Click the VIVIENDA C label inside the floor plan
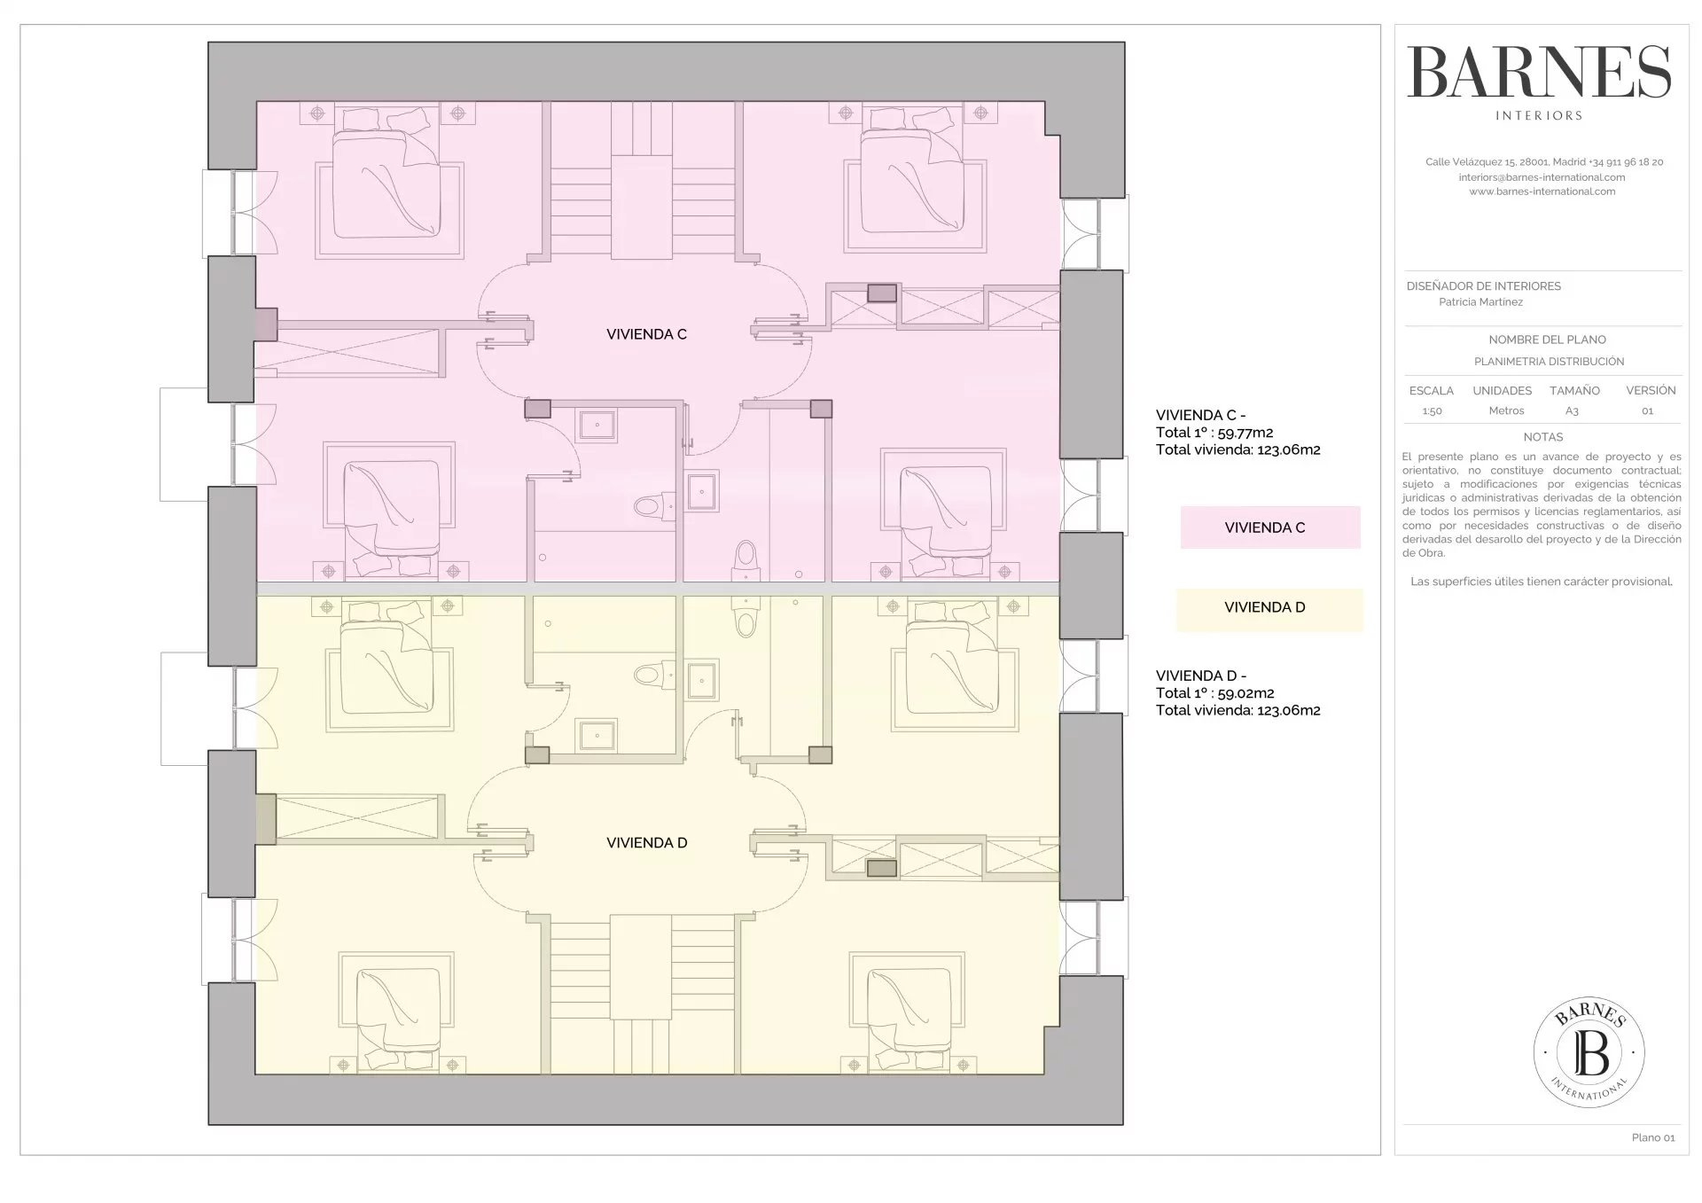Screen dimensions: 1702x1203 point(646,334)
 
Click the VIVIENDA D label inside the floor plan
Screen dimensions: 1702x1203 point(646,843)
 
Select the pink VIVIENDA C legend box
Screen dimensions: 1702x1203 point(1270,527)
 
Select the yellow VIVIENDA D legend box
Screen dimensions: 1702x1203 point(1269,610)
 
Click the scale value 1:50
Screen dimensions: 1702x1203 point(1432,411)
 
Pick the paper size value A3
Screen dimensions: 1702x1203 point(1572,411)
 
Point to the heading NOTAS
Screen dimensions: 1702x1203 point(1543,437)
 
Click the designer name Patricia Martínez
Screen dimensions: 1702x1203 point(1480,302)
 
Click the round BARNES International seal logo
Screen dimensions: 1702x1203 point(1589,1051)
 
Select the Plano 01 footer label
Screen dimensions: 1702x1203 point(1653,1137)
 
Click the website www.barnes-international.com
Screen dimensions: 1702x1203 point(1542,191)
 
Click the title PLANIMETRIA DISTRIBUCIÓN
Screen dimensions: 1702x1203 point(1549,362)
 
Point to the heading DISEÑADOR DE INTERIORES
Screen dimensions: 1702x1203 point(1484,286)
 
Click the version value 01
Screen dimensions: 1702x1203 point(1647,411)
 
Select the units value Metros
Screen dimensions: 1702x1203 point(1506,411)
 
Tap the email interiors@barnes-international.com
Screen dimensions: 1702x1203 point(1542,177)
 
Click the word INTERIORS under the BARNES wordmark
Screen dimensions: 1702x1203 point(1539,115)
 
